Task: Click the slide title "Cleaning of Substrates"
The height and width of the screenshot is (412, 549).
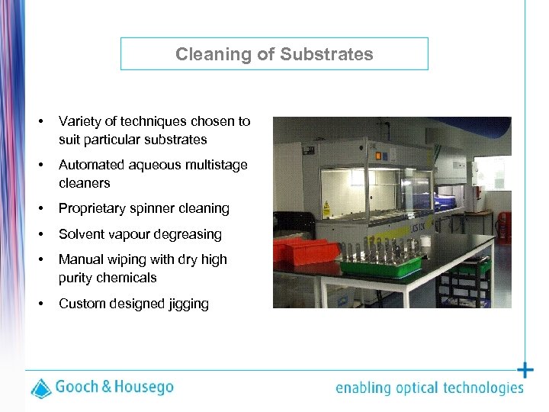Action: tap(274, 54)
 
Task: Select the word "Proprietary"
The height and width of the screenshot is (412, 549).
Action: tap(93, 208)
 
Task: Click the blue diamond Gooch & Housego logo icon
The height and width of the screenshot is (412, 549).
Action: tap(41, 388)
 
